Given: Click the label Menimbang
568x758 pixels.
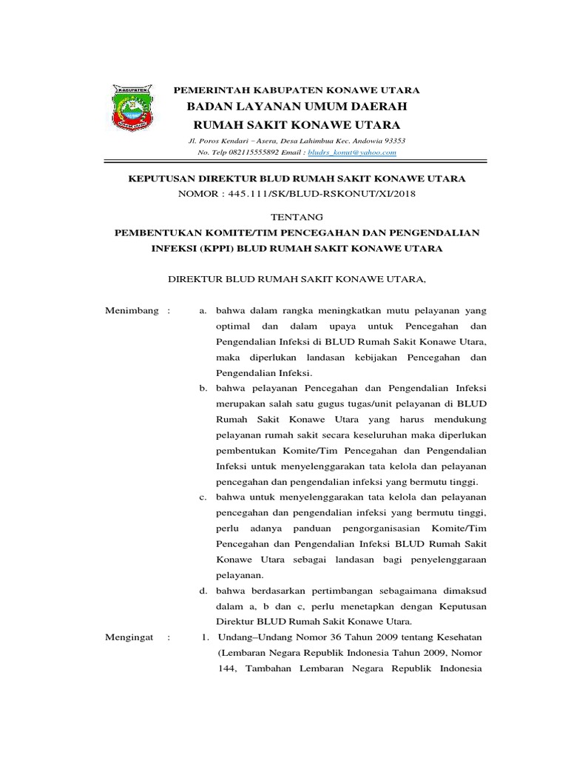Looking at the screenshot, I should point(133,310).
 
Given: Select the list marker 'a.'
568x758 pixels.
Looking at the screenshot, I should point(203,310).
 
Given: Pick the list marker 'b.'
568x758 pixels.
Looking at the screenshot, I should point(203,388).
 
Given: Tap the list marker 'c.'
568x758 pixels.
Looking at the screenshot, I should point(203,497).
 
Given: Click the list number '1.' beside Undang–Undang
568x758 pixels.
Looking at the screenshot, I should point(205,637).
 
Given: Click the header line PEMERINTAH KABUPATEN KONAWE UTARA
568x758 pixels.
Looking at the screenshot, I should point(296,90).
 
